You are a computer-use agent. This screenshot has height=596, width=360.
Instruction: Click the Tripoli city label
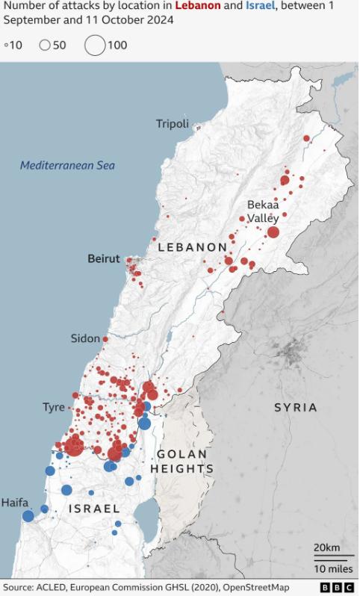[x=172, y=123]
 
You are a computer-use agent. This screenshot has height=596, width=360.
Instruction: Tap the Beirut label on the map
[x=103, y=258]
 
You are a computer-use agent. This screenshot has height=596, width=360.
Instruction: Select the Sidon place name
[x=85, y=338]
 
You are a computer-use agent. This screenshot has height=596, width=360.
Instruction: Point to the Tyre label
[x=53, y=407]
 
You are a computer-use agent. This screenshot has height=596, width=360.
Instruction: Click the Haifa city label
[x=15, y=503]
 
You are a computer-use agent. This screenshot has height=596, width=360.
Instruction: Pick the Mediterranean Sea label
[x=67, y=165]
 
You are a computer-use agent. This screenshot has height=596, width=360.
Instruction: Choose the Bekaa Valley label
[x=263, y=211]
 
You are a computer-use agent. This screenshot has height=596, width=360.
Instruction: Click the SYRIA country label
[x=296, y=407]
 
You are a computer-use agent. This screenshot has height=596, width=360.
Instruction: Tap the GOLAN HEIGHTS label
[x=182, y=462]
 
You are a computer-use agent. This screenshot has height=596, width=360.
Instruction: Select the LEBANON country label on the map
[x=192, y=246]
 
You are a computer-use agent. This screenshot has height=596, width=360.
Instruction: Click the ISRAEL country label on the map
[x=94, y=508]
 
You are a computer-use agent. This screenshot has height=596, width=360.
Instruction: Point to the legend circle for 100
[x=95, y=45]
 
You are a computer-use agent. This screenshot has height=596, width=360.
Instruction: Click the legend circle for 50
[x=44, y=45]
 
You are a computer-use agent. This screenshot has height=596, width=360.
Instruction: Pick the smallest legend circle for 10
[x=6, y=46]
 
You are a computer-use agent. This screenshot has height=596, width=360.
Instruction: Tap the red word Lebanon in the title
[x=198, y=5]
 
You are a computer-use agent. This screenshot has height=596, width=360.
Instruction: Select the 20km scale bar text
[x=326, y=547]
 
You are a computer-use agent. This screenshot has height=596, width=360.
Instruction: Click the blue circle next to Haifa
[x=28, y=516]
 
